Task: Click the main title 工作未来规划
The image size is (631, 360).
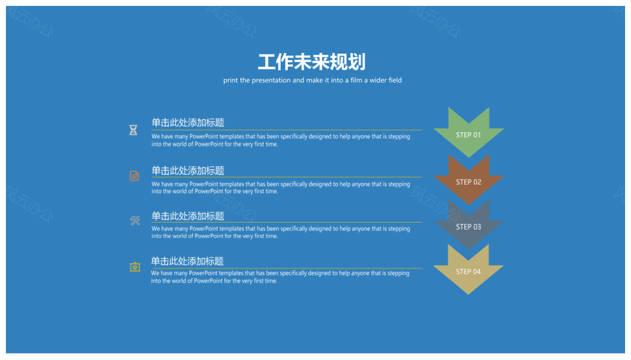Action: click(312, 62)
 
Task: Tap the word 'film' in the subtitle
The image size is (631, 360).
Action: click(356, 80)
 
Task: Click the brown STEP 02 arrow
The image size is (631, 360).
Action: click(469, 179)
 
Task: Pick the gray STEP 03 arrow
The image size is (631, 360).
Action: click(469, 225)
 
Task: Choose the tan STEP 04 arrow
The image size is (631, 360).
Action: click(469, 269)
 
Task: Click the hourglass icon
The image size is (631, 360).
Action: click(133, 130)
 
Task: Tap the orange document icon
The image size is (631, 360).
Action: click(134, 176)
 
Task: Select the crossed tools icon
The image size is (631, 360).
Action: click(135, 221)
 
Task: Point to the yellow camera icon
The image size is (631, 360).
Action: click(135, 267)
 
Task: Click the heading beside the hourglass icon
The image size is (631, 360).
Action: click(187, 123)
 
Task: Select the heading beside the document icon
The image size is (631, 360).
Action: click(187, 171)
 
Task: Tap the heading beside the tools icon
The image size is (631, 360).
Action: click(187, 216)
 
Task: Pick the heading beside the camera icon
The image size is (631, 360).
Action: click(187, 261)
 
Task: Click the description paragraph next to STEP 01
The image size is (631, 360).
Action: click(281, 141)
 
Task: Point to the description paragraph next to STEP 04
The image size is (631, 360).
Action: click(280, 277)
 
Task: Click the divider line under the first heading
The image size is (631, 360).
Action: click(287, 130)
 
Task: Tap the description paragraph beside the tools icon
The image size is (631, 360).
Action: click(281, 232)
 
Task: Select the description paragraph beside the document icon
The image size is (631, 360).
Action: click(281, 187)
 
